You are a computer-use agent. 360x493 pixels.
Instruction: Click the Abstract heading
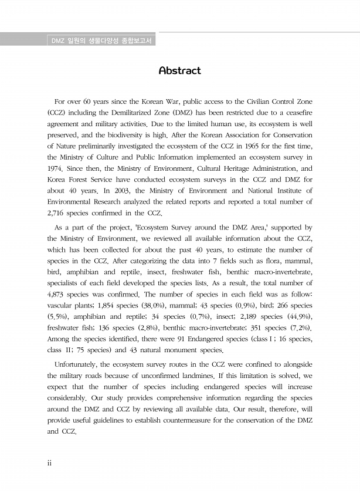pyautogui.click(x=179, y=71)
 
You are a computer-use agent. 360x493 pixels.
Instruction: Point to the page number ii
pyautogui.click(x=50, y=463)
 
